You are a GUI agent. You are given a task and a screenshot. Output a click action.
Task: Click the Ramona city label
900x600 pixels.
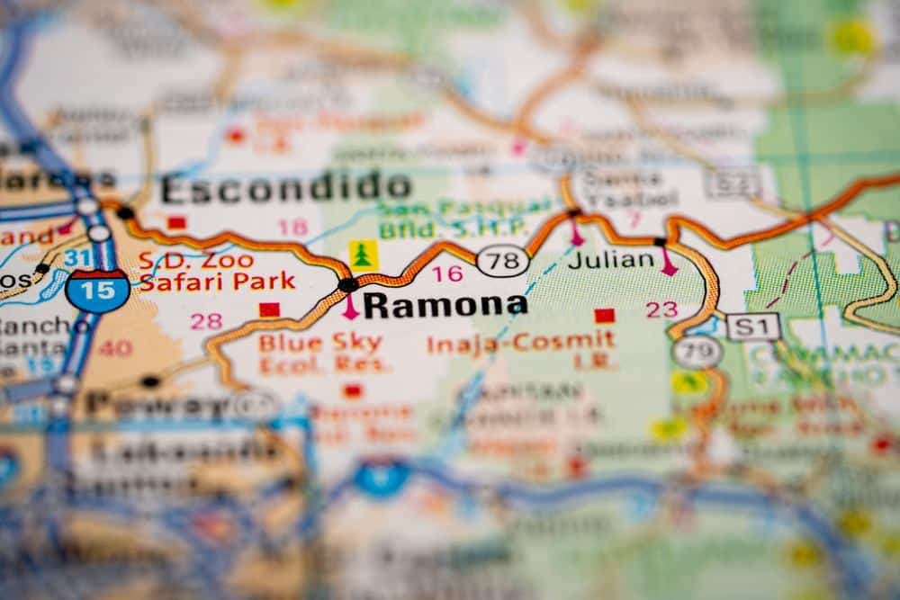[444, 306]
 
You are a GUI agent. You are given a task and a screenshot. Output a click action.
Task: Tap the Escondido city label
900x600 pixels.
[286, 188]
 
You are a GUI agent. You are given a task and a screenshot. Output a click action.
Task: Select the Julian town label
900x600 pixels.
[611, 260]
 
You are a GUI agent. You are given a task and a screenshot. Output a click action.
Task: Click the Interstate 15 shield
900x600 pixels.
[97, 289]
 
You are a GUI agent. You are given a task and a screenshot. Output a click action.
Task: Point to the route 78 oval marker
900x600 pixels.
[502, 262]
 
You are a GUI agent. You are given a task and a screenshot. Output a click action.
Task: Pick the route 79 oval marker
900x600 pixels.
[697, 352]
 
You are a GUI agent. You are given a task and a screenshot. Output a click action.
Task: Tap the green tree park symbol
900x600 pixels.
[364, 255]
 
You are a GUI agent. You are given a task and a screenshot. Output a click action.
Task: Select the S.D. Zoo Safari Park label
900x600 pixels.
[216, 271]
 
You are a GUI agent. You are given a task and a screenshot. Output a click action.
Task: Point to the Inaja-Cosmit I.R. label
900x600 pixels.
[521, 351]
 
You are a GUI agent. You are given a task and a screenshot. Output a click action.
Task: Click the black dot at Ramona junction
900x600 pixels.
[347, 285]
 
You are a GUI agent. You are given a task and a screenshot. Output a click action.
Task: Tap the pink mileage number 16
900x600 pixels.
[447, 273]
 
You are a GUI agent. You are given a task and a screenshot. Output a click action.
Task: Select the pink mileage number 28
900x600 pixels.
[206, 321]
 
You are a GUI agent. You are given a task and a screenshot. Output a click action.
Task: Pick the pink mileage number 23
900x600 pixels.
[661, 309]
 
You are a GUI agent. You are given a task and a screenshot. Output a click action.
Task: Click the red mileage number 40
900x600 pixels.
[115, 348]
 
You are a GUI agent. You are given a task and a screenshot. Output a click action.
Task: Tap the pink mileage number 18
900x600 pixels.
[292, 228]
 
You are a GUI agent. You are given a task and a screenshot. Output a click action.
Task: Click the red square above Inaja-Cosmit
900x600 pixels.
[604, 316]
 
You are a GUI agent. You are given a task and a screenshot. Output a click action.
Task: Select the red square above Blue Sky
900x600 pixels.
[269, 310]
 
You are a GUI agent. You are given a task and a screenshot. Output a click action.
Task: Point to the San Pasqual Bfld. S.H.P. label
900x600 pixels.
[464, 219]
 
